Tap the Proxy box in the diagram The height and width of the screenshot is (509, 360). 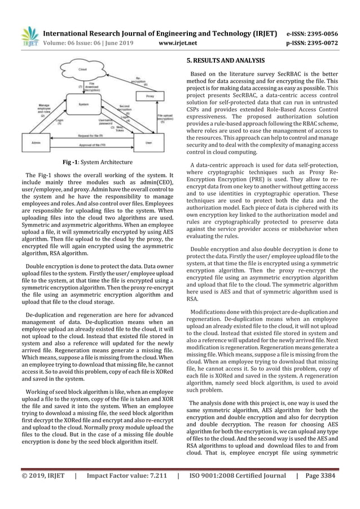pyautogui.click(x=147, y=96)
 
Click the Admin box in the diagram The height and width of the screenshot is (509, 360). pyautogui.click(x=35, y=142)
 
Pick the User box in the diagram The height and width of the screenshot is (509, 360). pyautogui.click(x=148, y=142)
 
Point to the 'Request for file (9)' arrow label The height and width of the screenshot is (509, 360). pyautogui.click(x=91, y=136)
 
